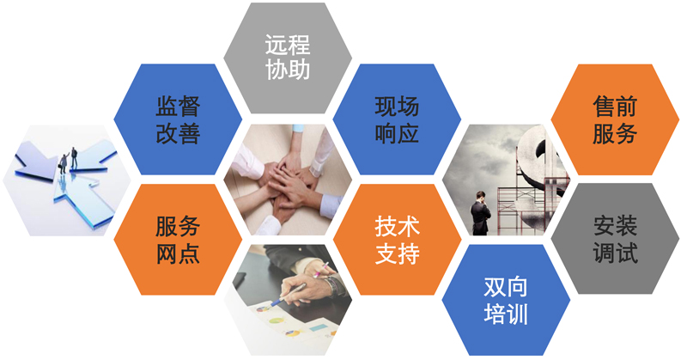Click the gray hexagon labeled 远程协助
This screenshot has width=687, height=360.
tap(288, 58)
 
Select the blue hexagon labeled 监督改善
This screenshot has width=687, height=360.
tap(178, 119)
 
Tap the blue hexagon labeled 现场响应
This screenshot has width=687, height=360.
tap(397, 119)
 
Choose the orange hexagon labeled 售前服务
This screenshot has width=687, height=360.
tap(615, 119)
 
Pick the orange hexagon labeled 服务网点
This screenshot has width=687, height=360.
tap(178, 240)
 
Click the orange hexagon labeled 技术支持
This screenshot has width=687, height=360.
tap(397, 240)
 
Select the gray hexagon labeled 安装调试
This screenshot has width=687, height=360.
tap(615, 239)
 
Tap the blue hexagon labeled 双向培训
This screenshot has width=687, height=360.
tap(506, 300)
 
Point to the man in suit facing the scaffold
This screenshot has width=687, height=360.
tap(481, 213)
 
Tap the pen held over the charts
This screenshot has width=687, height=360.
tap(288, 295)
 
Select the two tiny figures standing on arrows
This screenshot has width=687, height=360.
tap(69, 160)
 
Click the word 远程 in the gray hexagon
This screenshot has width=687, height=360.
tap(288, 45)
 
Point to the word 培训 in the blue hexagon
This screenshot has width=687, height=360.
tap(506, 314)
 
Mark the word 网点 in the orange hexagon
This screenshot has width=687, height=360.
tap(178, 253)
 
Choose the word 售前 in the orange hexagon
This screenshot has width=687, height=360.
tap(615, 107)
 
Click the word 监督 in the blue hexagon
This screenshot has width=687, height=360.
tap(178, 107)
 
